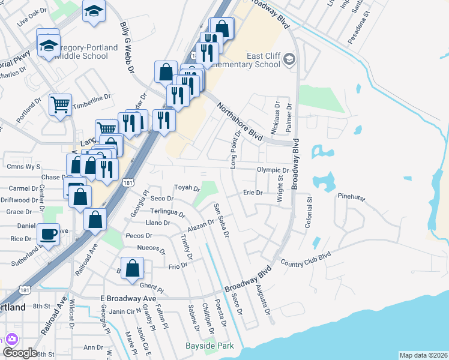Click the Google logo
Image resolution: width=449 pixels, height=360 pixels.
tap(20, 352)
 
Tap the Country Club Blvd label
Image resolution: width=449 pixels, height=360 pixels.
tap(306, 259)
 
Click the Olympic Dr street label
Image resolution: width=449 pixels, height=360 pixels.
tap(273, 170)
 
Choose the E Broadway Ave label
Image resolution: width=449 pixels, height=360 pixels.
tap(128, 298)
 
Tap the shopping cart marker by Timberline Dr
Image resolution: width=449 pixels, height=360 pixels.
tap(60, 105)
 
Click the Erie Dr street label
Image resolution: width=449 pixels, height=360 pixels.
tap(253, 193)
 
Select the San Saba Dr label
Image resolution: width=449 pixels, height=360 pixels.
tap(221, 220)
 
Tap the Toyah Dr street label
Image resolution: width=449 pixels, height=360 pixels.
tap(187, 188)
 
